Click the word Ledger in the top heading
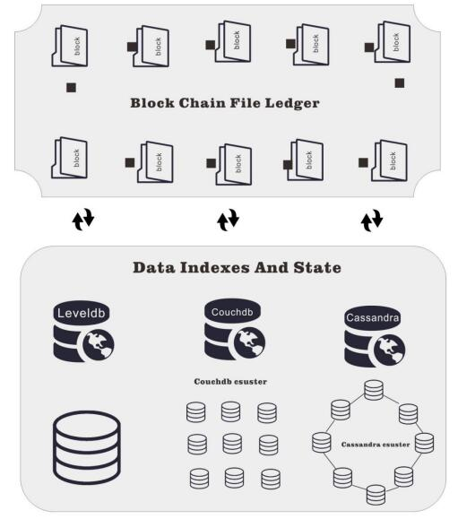point(292,103)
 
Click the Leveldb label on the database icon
point(81,313)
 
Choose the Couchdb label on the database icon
point(232,312)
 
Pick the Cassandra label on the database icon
point(373,317)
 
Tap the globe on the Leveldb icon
point(99,345)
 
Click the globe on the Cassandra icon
point(389,350)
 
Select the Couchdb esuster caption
point(230,382)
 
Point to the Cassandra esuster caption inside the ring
point(376,445)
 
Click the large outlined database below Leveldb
point(87,447)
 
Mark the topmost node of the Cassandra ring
point(374,390)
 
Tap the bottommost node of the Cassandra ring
point(376,495)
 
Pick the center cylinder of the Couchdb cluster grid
point(232,445)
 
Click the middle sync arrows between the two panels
point(228,220)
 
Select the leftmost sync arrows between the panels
point(83,219)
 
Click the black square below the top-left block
point(71,88)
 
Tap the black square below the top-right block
point(400,83)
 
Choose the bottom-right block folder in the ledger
point(389,160)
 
